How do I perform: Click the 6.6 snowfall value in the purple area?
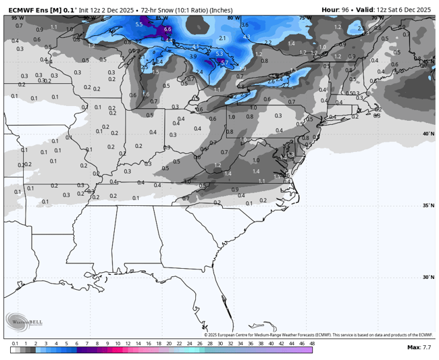[x=167, y=30]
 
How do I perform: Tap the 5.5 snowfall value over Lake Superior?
[x=139, y=24]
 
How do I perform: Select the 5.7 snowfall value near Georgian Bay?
[x=224, y=63]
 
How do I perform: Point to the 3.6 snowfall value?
[x=244, y=25]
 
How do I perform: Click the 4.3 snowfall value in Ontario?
[x=247, y=36]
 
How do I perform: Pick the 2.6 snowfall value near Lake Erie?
[x=271, y=81]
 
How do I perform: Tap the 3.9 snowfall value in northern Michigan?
[x=193, y=57]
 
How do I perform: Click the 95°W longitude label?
[x=16, y=18]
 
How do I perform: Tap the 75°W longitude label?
[x=305, y=18]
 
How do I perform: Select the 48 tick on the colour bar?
[x=311, y=343]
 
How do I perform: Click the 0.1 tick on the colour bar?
[x=15, y=343]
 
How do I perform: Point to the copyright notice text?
[x=318, y=334]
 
